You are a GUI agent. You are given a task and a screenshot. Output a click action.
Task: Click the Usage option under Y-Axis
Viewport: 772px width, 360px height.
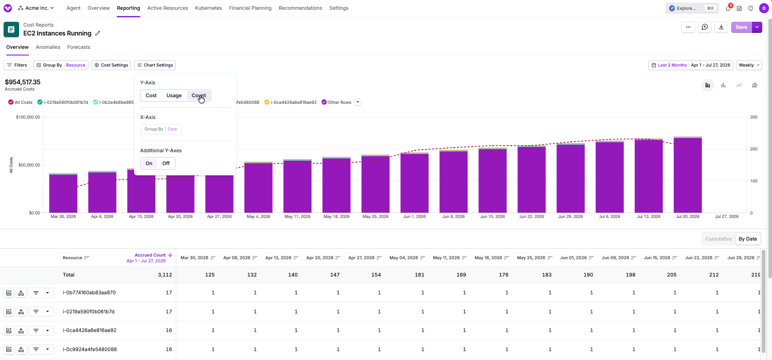tap(174, 95)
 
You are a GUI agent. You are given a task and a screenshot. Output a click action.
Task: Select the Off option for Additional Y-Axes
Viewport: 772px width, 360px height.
tap(166, 163)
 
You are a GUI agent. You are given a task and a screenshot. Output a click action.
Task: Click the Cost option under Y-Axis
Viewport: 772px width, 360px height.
tap(151, 95)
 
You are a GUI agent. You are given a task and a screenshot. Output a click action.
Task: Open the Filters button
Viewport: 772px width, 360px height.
tap(17, 65)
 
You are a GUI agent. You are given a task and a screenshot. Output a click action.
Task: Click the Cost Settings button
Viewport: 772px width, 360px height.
tap(111, 65)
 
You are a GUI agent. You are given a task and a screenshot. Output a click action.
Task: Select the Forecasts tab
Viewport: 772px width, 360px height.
tap(79, 47)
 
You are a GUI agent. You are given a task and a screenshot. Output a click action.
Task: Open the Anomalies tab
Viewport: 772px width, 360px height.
tap(48, 47)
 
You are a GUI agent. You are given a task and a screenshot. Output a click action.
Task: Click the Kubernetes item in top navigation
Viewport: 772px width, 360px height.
tap(208, 8)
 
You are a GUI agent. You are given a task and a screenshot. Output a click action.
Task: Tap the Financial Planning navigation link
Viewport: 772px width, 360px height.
tap(250, 8)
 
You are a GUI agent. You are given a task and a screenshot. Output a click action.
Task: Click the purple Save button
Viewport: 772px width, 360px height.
tap(741, 27)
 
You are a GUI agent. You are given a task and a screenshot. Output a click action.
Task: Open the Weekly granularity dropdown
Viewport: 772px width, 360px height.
tap(749, 65)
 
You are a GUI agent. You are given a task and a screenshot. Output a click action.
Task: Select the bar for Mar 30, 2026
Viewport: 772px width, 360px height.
tap(63, 193)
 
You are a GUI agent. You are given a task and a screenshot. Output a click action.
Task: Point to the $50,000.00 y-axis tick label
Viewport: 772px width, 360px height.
tap(29, 165)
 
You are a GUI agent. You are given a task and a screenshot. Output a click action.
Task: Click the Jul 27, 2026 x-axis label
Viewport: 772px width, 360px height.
tap(727, 217)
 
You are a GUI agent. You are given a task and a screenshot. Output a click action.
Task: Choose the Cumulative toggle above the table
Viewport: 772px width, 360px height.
tap(718, 239)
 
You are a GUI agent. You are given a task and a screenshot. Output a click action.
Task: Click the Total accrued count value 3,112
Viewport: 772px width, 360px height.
tap(165, 275)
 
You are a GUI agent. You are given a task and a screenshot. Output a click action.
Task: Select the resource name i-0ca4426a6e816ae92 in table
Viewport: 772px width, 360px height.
tap(90, 330)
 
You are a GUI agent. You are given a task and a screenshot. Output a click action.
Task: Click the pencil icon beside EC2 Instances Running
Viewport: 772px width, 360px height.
tap(98, 33)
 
